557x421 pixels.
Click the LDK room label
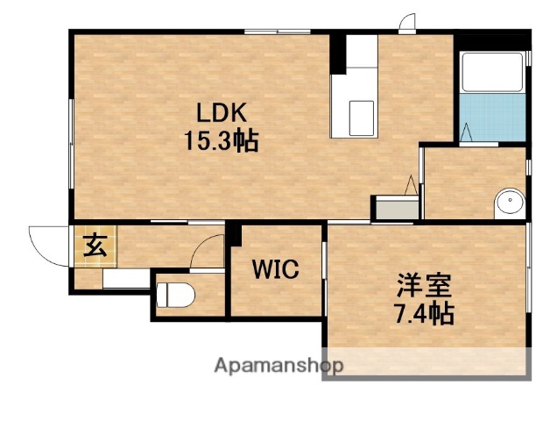point(221,113)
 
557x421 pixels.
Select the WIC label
point(276,269)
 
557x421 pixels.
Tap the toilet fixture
point(171,296)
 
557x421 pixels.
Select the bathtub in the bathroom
point(493,73)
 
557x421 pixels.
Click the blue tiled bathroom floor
point(493,119)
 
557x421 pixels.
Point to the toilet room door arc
point(208,252)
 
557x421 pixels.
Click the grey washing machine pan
point(395,209)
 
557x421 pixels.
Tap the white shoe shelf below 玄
point(125,280)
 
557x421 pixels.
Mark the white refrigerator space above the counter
point(360,54)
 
